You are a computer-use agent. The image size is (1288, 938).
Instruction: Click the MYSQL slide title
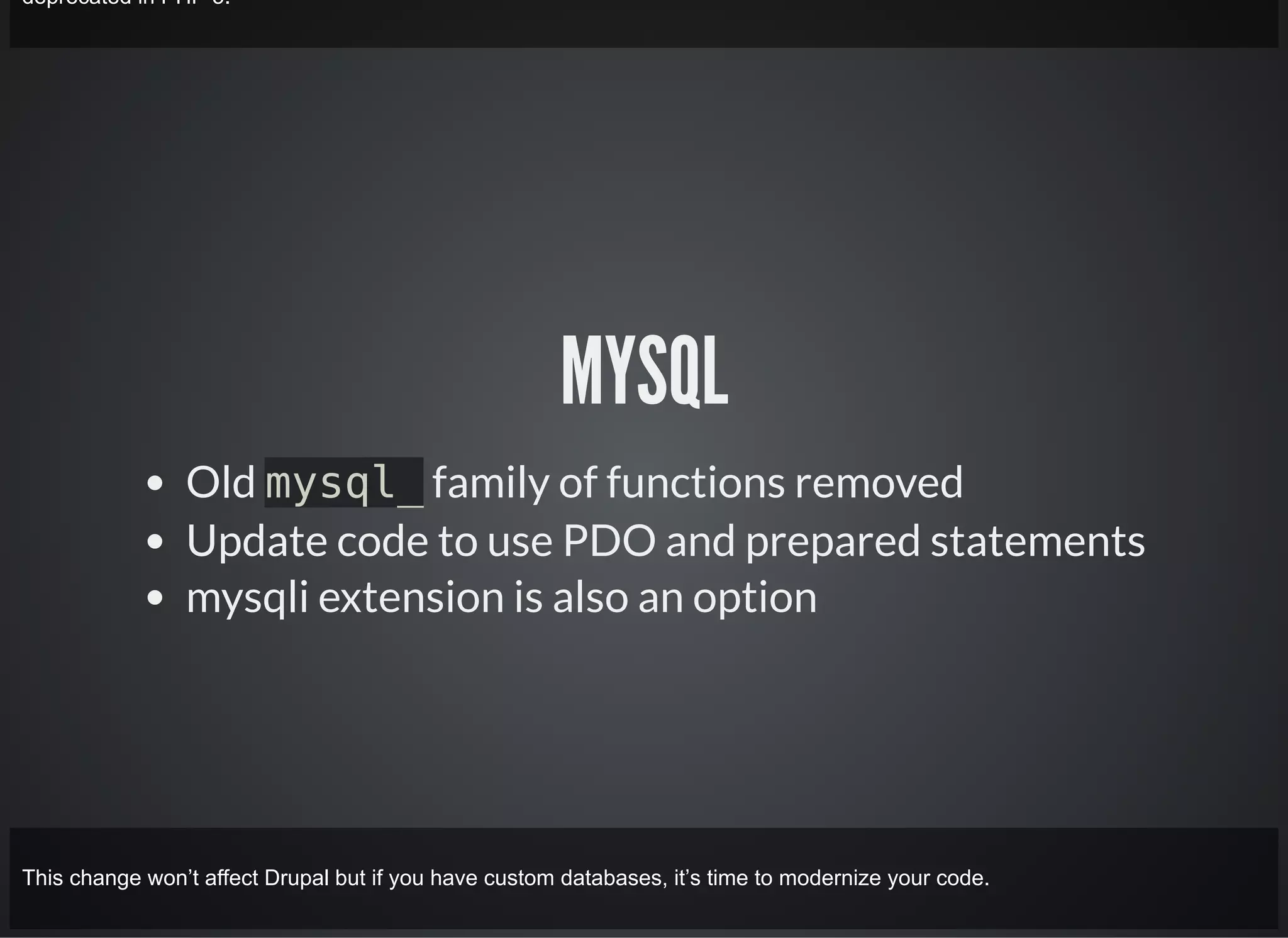click(x=645, y=371)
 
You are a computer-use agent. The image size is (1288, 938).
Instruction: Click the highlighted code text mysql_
click(x=343, y=483)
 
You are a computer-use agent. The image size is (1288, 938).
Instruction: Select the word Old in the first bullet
click(x=220, y=483)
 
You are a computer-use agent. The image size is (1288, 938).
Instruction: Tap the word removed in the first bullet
click(x=879, y=483)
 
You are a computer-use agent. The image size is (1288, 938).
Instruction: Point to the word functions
click(x=695, y=483)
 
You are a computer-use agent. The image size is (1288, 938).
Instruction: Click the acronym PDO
click(x=609, y=541)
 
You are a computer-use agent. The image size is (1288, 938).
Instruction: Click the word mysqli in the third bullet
click(x=247, y=599)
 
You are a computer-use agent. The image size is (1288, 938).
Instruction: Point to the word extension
click(x=411, y=597)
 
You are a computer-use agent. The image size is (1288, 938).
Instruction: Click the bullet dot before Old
click(x=155, y=483)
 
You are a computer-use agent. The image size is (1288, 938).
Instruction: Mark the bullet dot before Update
click(x=155, y=541)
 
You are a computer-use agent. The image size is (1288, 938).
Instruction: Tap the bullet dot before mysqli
click(x=155, y=598)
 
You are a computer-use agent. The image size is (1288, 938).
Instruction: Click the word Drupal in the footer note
click(x=296, y=878)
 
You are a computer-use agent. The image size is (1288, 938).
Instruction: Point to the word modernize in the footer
click(x=830, y=878)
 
